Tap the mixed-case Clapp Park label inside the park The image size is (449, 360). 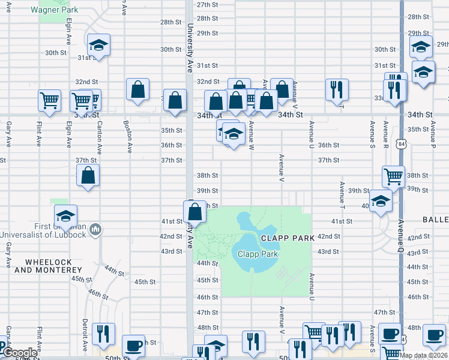click(257, 254)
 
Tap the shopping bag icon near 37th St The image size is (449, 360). click(88, 175)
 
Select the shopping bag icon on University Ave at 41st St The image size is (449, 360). click(194, 211)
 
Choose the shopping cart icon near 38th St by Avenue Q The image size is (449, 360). click(393, 176)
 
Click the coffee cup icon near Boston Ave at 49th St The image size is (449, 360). click(133, 346)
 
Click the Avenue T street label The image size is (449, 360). click(342, 195)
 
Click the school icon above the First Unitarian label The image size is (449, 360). click(65, 215)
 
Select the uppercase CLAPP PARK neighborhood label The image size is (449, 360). click(287, 238)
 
